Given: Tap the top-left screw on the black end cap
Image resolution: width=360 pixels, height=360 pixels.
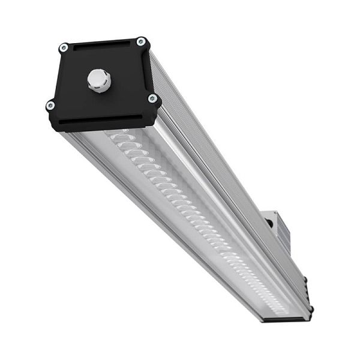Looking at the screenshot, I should point(64,47).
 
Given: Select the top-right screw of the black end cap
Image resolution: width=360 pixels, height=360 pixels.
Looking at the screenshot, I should point(140,41).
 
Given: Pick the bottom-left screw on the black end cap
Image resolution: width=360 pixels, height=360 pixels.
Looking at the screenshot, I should point(50,106).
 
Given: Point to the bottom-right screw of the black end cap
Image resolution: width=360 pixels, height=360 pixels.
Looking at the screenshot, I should point(152,98).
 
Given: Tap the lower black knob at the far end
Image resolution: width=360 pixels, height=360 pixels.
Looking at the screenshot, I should point(311,310).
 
